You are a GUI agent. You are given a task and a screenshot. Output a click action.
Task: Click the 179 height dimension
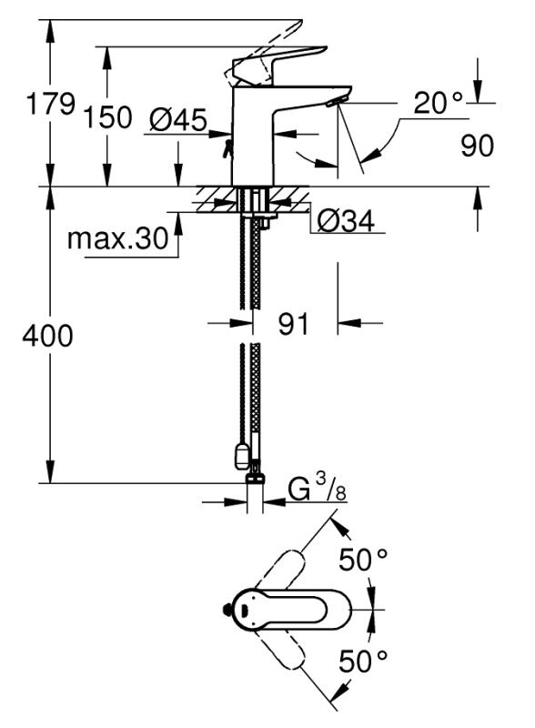[51, 103]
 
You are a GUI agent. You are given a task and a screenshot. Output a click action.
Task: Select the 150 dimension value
[107, 117]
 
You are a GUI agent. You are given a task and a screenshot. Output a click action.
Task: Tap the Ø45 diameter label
[178, 120]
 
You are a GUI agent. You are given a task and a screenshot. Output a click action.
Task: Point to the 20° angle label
[439, 103]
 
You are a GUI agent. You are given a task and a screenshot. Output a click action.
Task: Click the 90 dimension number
[477, 146]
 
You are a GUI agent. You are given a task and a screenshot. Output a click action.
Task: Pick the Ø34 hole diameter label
[346, 221]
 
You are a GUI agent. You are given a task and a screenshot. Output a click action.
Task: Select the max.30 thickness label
[118, 239]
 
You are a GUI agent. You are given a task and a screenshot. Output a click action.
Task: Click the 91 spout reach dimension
[293, 324]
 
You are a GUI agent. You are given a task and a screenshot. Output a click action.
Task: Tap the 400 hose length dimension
[48, 335]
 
